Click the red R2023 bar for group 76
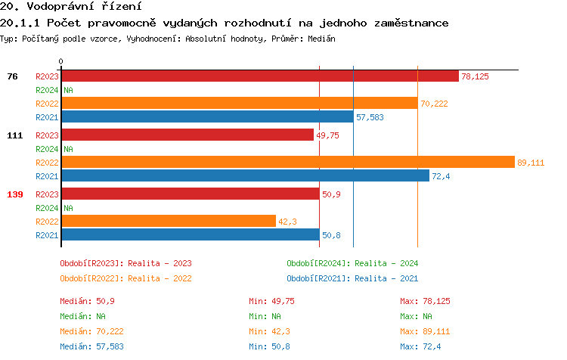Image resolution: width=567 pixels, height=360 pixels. (x=259, y=76)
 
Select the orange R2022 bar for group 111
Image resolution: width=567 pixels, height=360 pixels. (x=287, y=162)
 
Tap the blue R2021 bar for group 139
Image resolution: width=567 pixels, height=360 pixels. (x=190, y=234)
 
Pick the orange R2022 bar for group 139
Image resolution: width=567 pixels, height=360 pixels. (x=168, y=221)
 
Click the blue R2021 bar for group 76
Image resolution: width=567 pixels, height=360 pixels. (x=207, y=116)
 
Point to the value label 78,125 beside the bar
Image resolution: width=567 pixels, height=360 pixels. (x=475, y=76)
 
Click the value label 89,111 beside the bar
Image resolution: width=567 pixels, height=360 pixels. (x=531, y=163)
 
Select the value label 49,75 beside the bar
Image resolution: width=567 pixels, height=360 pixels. (x=328, y=135)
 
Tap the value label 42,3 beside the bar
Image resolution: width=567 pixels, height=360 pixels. (x=288, y=222)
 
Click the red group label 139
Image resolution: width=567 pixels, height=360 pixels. (x=15, y=194)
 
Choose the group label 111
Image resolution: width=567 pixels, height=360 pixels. (x=15, y=135)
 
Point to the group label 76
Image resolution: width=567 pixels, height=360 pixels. (x=12, y=76)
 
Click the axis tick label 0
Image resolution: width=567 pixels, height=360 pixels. (x=61, y=62)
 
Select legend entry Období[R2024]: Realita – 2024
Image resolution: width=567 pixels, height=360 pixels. (x=352, y=263)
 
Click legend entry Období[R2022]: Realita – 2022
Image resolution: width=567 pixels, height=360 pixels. (x=125, y=278)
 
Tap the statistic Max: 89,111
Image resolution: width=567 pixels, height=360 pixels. (x=425, y=331)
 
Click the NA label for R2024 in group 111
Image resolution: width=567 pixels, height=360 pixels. (x=68, y=149)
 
